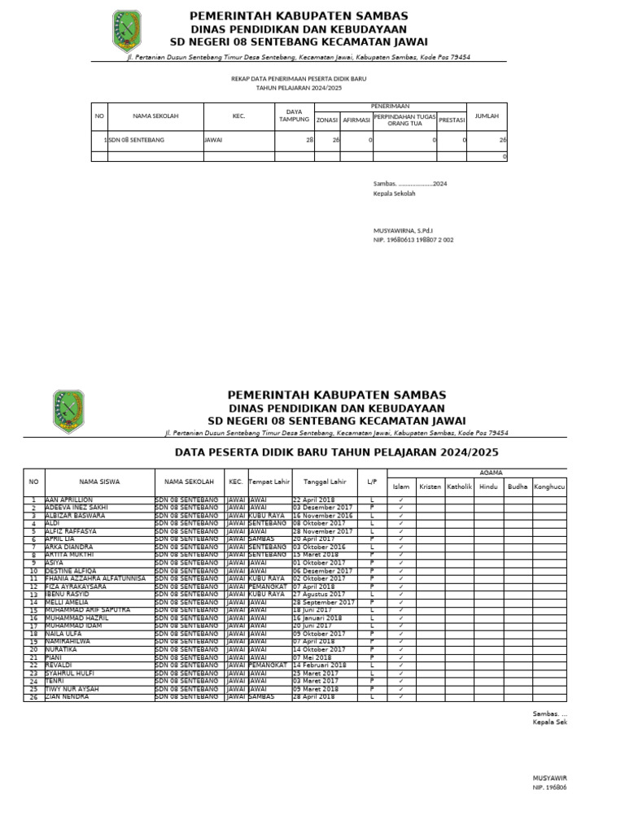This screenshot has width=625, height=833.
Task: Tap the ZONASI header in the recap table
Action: [326, 120]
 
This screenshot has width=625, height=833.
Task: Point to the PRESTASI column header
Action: [452, 120]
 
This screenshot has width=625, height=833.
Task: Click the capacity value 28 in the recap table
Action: [309, 140]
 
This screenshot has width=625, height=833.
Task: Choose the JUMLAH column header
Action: [487, 116]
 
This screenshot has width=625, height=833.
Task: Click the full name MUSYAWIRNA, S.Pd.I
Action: [403, 231]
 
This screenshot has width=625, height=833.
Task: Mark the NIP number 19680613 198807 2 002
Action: [413, 240]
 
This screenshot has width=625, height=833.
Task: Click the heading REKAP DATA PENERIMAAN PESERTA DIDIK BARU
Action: [299, 78]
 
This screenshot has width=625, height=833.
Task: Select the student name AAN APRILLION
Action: [69, 499]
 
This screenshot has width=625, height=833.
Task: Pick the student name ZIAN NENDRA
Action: [68, 697]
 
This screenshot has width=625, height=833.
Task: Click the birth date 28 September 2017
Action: [323, 602]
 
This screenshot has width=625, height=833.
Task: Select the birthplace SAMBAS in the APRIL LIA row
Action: [262, 539]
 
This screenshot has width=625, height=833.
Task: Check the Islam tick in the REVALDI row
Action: [401, 665]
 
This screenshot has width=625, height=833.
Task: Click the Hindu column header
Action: [487, 486]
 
